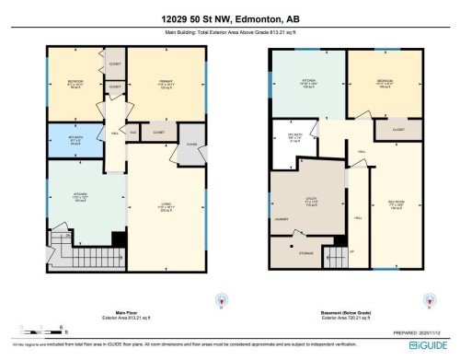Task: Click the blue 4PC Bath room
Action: (x=75, y=141)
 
